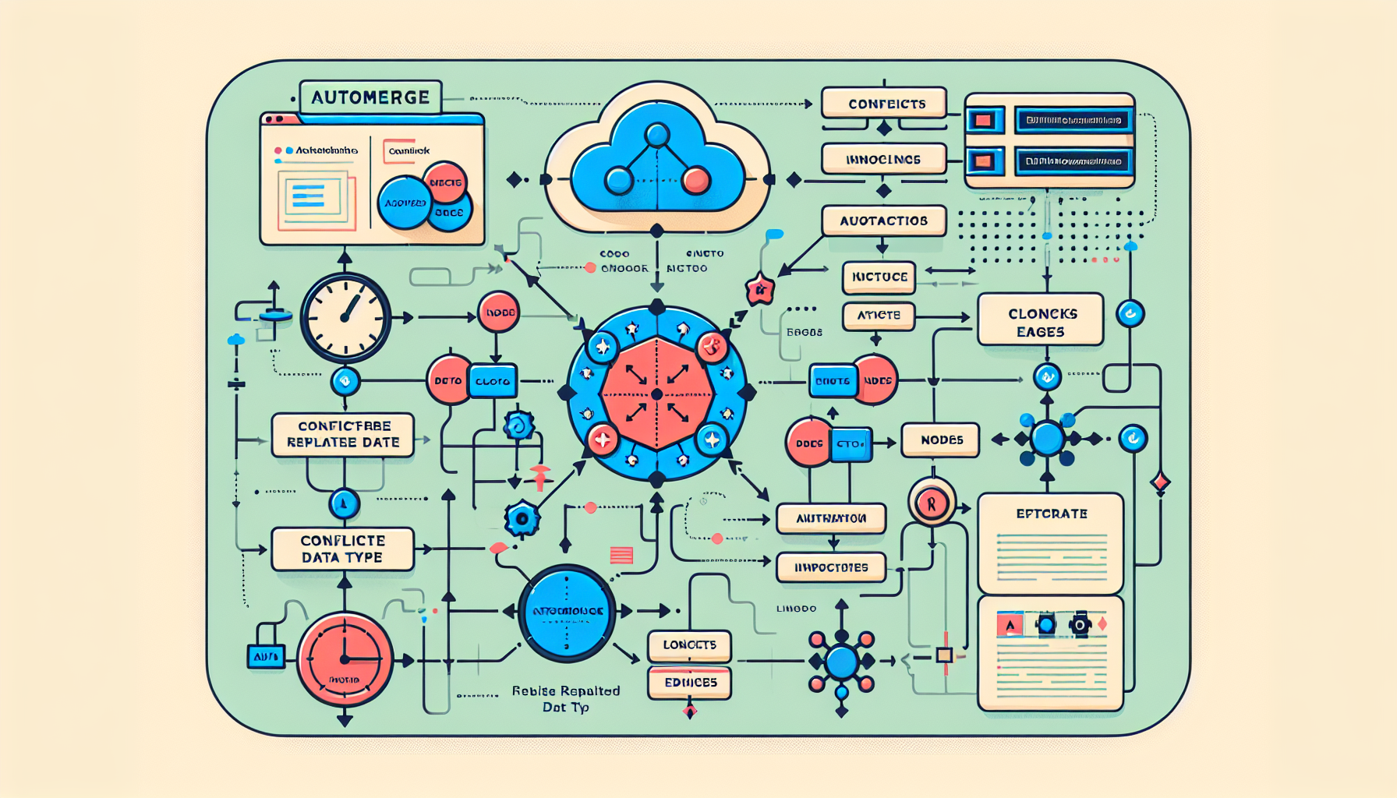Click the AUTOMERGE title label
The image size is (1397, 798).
370,98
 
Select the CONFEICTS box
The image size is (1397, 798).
884,104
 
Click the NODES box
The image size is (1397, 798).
940,440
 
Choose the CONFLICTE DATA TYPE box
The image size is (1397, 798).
342,549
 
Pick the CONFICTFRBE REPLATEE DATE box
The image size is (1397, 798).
343,435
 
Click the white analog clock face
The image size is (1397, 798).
345,317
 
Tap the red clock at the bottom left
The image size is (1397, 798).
344,659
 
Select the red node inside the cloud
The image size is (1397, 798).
695,181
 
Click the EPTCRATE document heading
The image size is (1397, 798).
1051,514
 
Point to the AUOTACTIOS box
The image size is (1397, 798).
883,221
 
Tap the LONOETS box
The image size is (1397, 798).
689,645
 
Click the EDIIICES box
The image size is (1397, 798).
689,683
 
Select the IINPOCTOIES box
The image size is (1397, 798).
831,567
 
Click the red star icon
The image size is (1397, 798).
759,290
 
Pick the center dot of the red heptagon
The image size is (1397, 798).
657,394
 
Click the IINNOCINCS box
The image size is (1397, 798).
883,159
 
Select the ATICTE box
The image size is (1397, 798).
879,316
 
